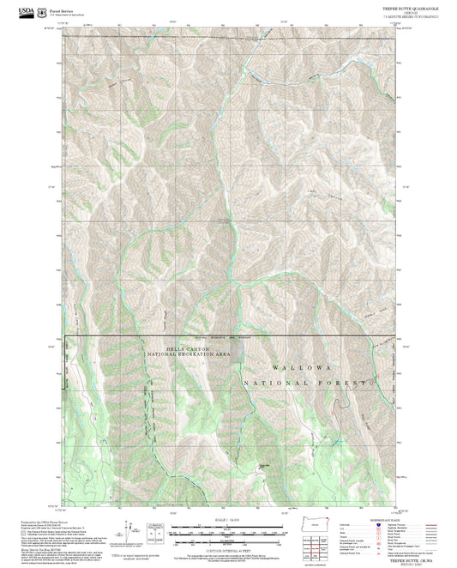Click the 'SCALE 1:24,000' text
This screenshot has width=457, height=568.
(229, 520)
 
